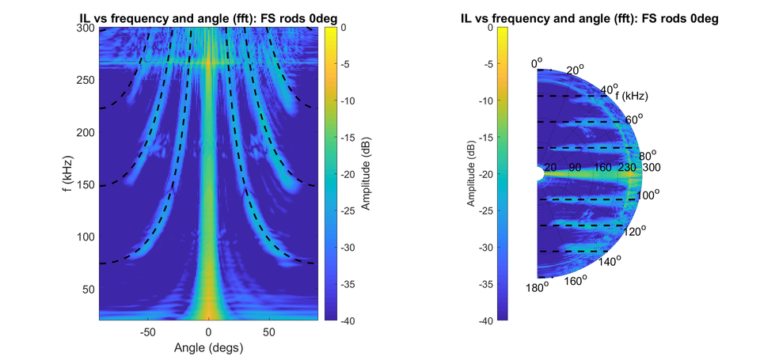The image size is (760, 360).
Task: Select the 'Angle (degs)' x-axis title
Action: click(x=208, y=347)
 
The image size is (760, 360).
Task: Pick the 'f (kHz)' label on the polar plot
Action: click(x=632, y=96)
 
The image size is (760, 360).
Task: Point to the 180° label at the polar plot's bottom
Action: click(x=537, y=287)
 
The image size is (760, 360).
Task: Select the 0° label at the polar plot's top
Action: click(x=538, y=61)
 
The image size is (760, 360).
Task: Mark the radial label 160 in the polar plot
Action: click(x=602, y=168)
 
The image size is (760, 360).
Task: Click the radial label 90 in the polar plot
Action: click(x=576, y=168)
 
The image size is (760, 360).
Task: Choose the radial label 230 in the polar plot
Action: click(x=628, y=168)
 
